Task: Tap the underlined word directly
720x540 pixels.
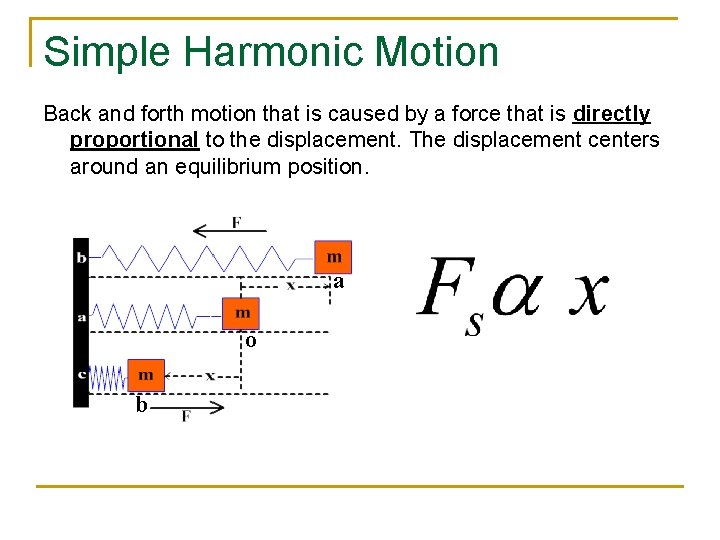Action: coord(612,114)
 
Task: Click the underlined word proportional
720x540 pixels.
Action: coord(134,140)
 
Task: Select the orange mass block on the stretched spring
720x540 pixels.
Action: coord(333,257)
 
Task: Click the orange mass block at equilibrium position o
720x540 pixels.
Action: coord(241,313)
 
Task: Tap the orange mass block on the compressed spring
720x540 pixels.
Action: coord(146,375)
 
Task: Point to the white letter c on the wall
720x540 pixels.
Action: coord(81,375)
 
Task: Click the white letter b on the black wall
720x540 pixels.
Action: coord(81,257)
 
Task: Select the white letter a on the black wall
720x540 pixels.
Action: coord(81,317)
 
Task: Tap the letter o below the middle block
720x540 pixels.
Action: coord(251,341)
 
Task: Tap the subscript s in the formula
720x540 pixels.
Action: coord(474,324)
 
